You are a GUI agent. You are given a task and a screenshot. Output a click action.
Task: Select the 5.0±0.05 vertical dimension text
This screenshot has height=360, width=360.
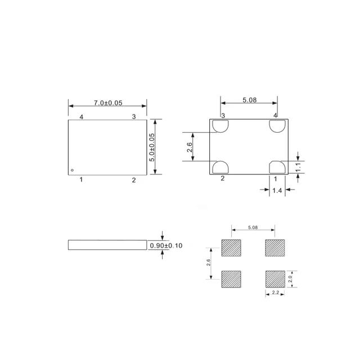[x=151, y=147]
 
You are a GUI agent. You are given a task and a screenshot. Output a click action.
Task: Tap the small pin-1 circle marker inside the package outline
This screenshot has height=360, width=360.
[x=72, y=170]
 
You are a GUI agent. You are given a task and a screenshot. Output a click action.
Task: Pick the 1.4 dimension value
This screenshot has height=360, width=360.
[x=277, y=191]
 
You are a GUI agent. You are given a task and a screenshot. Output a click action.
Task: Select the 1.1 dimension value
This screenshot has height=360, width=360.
[x=299, y=166]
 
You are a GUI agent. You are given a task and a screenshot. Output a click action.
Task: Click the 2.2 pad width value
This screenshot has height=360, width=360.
[x=276, y=294]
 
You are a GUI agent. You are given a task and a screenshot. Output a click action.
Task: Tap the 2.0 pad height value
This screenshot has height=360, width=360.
[x=290, y=279]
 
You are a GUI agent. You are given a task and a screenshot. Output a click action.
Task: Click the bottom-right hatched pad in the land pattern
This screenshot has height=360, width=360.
[x=275, y=279]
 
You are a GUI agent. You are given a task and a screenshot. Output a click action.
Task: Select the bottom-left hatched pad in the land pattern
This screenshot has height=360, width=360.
[x=231, y=279]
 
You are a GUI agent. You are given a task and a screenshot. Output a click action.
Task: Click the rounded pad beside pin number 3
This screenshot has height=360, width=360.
[x=219, y=125]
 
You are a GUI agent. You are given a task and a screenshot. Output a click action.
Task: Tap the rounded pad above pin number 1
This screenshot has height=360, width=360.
[x=277, y=167]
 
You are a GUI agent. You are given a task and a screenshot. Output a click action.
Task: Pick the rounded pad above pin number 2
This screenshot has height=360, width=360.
[x=219, y=167]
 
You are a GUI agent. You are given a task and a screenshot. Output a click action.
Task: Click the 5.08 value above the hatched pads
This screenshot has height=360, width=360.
[x=253, y=228]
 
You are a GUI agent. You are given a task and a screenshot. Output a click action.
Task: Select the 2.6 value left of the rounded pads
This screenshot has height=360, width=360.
[x=190, y=147]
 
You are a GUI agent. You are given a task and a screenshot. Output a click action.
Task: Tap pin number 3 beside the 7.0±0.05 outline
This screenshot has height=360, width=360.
[x=134, y=116]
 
